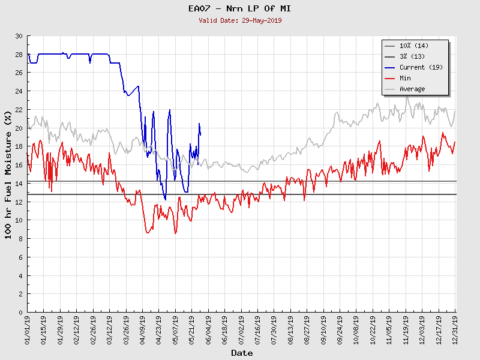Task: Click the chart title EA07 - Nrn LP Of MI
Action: [240, 8]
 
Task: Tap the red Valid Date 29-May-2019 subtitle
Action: [240, 20]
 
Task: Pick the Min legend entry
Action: [406, 78]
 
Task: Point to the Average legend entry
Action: [412, 89]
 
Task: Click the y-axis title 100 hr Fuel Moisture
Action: [8, 174]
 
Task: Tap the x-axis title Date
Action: [242, 353]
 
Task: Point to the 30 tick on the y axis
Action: [18, 37]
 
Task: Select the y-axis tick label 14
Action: [18, 184]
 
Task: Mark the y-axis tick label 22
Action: [18, 110]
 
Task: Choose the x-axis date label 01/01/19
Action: [28, 329]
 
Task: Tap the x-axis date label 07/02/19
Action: [241, 329]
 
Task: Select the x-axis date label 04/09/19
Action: [143, 329]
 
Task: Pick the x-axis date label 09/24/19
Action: [340, 329]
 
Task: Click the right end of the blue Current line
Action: [200, 134]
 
